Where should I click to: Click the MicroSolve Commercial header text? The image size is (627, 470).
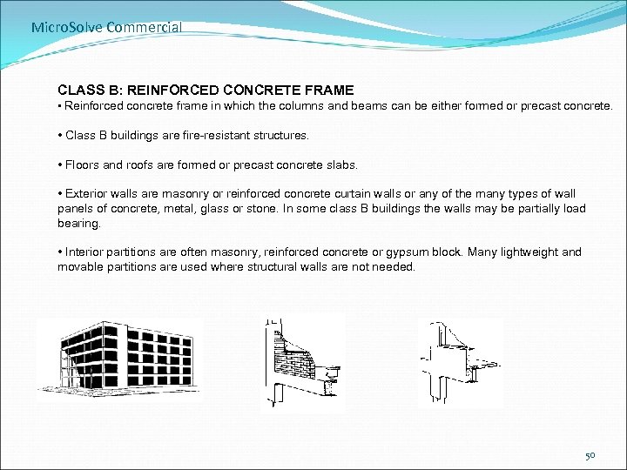click(106, 27)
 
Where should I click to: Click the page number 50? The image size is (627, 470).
click(590, 455)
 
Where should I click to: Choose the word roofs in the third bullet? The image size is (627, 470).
click(148, 164)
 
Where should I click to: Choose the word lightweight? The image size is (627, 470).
click(529, 252)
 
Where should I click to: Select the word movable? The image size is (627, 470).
click(79, 266)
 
